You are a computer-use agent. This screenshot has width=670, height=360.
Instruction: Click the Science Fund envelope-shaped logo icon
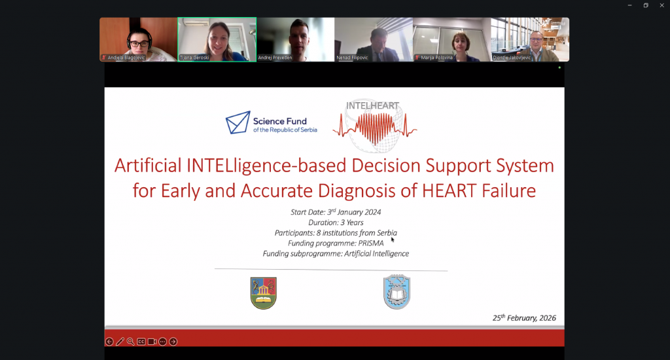pos(238,122)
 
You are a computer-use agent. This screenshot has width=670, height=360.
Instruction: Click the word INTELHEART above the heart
pos(372,105)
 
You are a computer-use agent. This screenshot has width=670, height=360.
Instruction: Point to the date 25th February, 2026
pos(524,318)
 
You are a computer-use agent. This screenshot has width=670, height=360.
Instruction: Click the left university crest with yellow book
pos(264,293)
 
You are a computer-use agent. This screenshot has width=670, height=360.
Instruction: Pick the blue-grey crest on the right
pos(397,292)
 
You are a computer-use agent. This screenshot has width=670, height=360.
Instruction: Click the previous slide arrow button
pos(109,342)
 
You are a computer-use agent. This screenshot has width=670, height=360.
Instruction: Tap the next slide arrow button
pos(173,342)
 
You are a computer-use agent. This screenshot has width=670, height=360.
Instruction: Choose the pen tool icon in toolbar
pos(120,342)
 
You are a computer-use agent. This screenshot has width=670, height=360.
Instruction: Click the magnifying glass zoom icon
pos(131,342)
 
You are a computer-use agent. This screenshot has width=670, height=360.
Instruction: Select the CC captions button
pos(141,342)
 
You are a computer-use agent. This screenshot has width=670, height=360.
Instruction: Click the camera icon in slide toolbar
pos(152,342)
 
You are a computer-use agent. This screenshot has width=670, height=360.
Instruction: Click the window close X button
pos(660,5)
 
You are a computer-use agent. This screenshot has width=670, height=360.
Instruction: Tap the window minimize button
pos(630,5)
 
